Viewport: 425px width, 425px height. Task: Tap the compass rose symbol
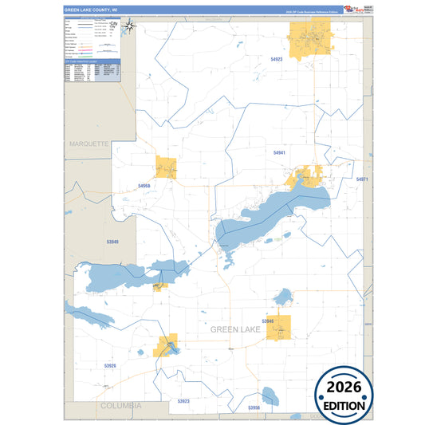coord(132,26)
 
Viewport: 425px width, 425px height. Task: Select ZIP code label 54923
coord(277,59)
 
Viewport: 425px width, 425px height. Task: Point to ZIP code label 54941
coord(279,152)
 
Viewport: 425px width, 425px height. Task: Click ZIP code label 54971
coord(362,179)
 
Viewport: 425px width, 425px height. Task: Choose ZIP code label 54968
coord(144,185)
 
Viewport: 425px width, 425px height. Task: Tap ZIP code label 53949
coord(112,242)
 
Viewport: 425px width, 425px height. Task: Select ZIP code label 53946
coord(268,321)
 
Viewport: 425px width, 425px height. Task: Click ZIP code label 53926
coord(110,366)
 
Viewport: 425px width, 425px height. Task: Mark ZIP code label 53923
coord(183,400)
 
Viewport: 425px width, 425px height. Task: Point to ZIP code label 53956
coord(254,407)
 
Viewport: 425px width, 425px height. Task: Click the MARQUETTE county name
coord(87,144)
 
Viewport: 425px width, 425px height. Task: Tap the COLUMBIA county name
coord(120,405)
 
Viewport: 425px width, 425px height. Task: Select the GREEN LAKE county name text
coord(236,329)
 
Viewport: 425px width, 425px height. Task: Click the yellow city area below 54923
coord(312,40)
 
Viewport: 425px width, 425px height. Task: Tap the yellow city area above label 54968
coord(166,167)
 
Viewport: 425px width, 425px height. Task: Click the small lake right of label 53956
coord(270,395)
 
